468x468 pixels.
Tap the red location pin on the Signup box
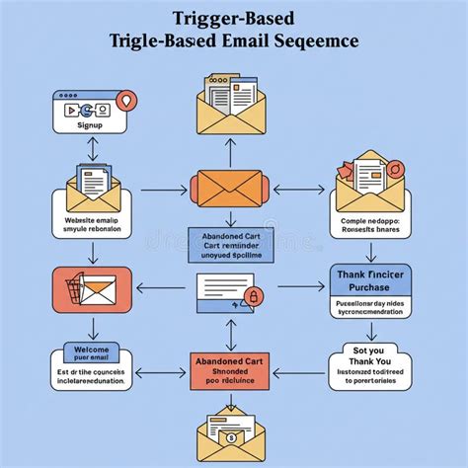124,100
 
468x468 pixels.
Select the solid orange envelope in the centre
229,188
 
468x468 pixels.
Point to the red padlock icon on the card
253,295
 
